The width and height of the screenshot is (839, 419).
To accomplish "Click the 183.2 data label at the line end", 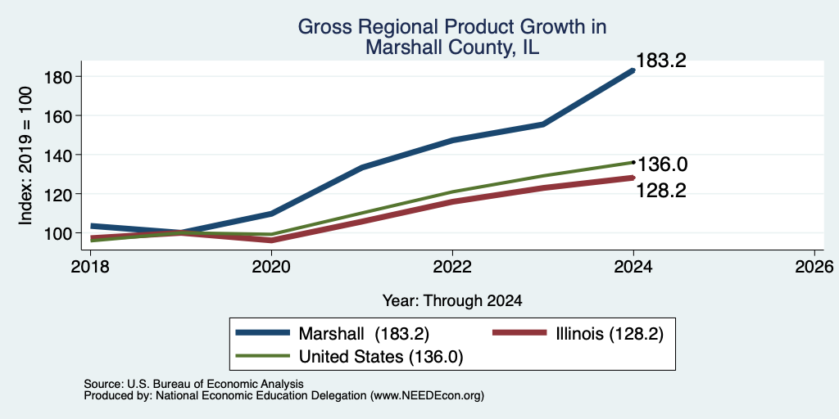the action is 661,61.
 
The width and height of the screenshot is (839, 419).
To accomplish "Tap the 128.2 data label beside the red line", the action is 661,190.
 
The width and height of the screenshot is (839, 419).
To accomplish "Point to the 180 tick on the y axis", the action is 59,77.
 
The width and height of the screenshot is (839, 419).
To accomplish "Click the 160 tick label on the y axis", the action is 59,115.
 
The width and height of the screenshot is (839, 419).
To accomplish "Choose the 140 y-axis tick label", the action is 59,155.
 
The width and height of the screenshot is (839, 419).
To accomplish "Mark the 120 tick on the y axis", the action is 59,194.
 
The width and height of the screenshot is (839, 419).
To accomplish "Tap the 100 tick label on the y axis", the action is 59,233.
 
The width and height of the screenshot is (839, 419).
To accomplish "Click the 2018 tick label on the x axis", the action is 91,266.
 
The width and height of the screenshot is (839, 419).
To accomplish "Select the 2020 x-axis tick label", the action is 272,266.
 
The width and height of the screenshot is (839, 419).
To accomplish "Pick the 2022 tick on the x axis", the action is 452,266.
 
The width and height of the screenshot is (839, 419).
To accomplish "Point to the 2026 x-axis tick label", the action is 814,266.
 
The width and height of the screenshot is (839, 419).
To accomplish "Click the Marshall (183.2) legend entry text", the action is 364,334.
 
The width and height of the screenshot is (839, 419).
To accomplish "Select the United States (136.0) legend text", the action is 381,357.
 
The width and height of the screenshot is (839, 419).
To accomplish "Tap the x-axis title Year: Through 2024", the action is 452,301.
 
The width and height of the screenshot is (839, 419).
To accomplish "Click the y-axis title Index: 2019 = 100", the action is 25,155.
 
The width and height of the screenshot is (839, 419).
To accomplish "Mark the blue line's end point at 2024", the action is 633,70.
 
